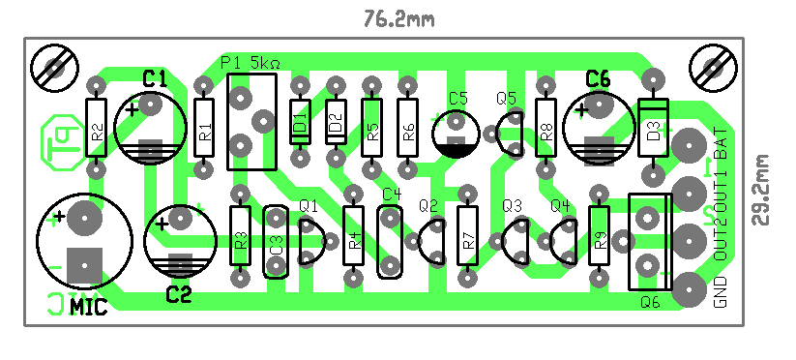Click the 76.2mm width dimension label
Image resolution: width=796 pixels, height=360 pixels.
pos(399,19)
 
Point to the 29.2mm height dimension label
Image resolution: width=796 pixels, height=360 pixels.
pos(761,190)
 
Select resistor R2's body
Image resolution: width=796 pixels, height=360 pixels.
pos(97,128)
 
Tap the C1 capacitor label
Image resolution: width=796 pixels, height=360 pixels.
pos(155,78)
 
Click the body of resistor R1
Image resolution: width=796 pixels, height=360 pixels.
pos(204,128)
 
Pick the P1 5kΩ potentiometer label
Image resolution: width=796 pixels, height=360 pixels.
pos(251,64)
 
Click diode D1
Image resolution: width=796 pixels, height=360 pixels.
pos(300,122)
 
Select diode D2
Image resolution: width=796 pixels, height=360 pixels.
pos(336,122)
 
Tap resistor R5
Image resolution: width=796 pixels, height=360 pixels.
pos(372,128)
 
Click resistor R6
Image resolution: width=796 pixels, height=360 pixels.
pos(408,128)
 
